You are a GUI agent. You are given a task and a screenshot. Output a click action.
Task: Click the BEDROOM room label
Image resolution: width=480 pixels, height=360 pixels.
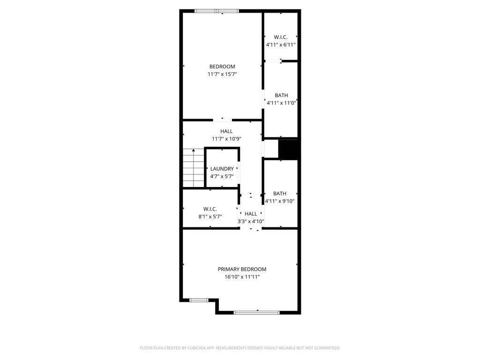[x=222, y=67]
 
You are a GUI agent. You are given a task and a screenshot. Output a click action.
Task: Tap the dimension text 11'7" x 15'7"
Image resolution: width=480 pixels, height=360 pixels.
[x=222, y=74]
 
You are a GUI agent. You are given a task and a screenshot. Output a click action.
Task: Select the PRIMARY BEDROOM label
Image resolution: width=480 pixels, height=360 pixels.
[x=242, y=269]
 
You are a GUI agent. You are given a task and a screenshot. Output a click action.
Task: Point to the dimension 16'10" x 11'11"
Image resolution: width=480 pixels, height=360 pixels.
[x=242, y=277]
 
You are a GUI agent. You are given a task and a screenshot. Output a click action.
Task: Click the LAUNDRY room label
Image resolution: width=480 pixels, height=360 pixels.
[x=222, y=169]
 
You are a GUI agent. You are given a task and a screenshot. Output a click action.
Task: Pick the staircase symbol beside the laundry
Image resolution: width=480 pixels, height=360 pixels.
[x=193, y=167]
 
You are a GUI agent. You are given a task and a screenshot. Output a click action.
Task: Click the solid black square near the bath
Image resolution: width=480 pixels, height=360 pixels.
[x=288, y=150]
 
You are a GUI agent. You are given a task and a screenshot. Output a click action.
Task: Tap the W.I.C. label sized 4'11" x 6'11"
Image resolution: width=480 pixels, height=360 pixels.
[x=280, y=37]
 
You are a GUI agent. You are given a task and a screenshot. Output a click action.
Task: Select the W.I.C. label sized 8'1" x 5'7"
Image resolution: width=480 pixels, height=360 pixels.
[x=210, y=209]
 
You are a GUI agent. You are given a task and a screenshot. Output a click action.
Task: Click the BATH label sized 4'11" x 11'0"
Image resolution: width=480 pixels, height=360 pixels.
[x=281, y=95]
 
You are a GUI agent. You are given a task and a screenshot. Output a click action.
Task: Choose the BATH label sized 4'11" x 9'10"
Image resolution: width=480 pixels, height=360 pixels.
[x=279, y=193]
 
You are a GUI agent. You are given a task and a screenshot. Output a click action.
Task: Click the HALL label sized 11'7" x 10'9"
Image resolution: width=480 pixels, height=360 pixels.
[x=226, y=131]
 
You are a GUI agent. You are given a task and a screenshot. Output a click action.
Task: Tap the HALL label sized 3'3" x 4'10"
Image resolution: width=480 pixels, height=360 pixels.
[x=251, y=214]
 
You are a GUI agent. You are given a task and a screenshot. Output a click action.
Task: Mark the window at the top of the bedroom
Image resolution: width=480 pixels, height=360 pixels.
[x=217, y=11]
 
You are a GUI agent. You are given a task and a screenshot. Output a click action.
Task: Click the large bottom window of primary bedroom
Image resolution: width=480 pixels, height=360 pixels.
[x=256, y=312]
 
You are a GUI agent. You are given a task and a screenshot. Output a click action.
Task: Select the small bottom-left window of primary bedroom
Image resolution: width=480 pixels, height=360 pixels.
[x=199, y=300]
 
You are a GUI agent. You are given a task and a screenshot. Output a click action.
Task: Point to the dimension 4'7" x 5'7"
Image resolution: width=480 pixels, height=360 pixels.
[x=222, y=177]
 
